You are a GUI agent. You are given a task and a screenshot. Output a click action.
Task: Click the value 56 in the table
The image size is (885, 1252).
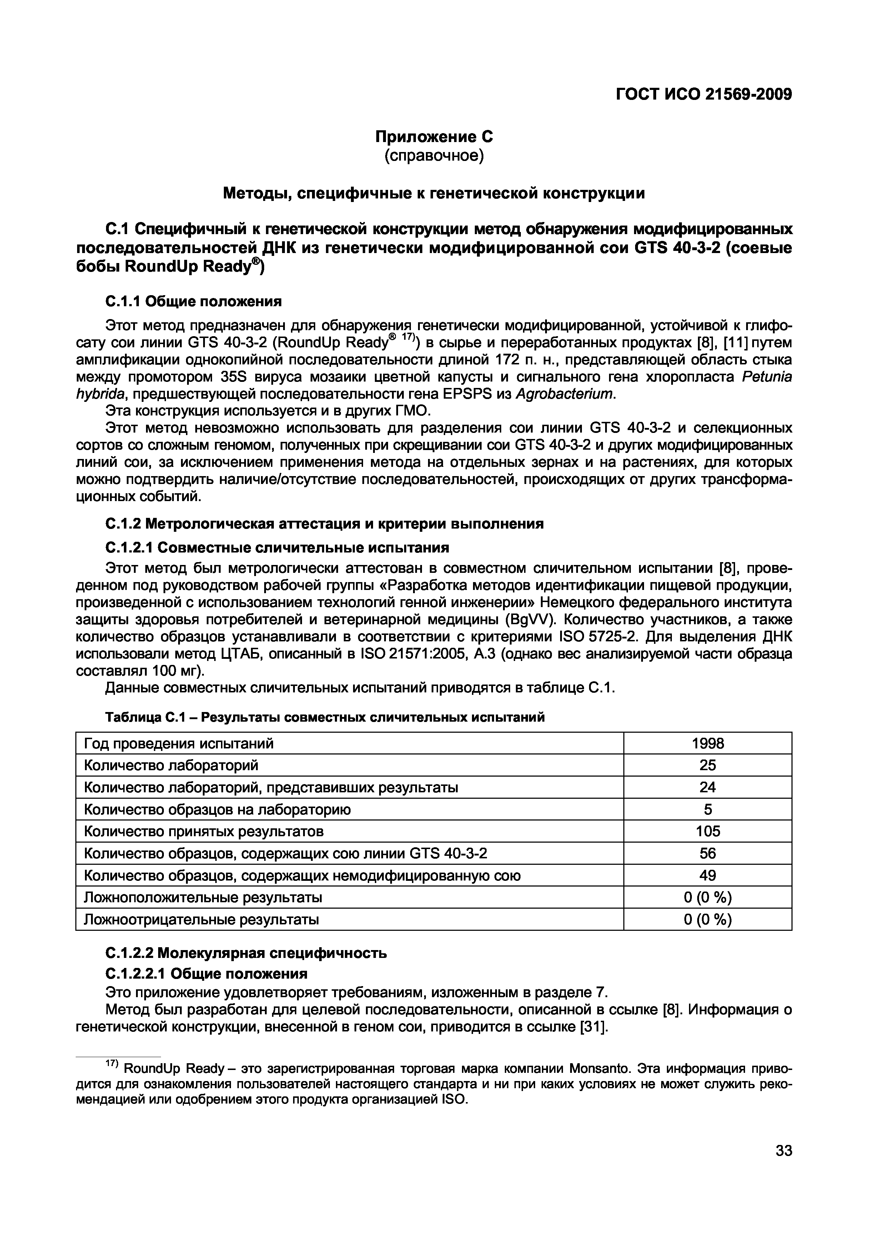[x=707, y=853]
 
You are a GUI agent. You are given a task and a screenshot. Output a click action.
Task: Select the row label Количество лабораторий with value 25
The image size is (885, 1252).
[x=171, y=765]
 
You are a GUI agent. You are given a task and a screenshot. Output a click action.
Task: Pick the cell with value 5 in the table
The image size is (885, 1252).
[x=707, y=809]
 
